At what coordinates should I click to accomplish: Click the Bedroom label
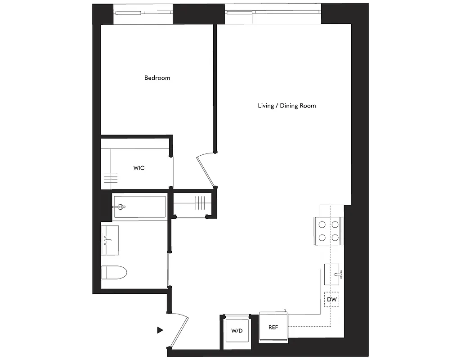[157, 78]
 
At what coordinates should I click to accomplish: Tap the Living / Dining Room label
[286, 106]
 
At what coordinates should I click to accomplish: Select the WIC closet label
[139, 168]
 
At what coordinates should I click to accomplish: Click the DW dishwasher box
[331, 299]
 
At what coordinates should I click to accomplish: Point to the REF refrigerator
[273, 327]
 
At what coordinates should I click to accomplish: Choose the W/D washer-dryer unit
[237, 331]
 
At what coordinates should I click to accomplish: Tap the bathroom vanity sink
[109, 239]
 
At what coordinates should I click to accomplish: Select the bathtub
[139, 207]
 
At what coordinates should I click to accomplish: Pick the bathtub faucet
[120, 207]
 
